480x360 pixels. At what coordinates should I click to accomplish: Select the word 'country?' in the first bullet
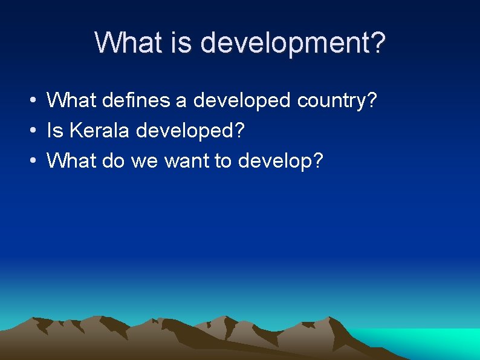click(x=338, y=101)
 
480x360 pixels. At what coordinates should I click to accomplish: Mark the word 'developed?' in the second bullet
click(x=191, y=131)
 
